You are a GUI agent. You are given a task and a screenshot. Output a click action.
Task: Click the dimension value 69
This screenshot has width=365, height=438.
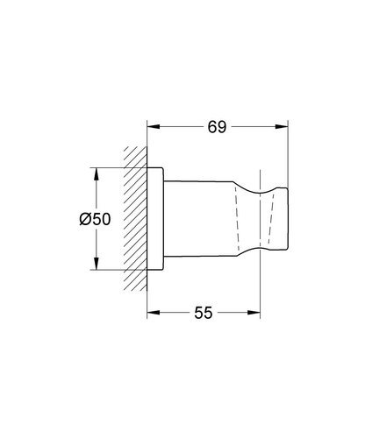pyautogui.click(x=218, y=127)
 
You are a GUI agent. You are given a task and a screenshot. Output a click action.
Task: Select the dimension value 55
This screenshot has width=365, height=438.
pyautogui.click(x=204, y=312)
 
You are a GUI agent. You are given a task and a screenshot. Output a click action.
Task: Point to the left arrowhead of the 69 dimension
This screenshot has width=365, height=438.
pyautogui.click(x=152, y=127)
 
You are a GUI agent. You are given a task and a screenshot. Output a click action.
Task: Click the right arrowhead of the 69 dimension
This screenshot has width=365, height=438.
pyautogui.click(x=284, y=127)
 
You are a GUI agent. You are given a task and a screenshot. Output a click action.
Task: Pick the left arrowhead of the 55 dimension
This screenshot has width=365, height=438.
pyautogui.click(x=152, y=312)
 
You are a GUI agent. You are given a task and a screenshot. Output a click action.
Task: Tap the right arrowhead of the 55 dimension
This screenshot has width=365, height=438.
pyautogui.click(x=257, y=312)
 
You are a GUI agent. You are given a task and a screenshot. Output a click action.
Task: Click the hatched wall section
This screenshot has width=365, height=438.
pyautogui.click(x=136, y=219)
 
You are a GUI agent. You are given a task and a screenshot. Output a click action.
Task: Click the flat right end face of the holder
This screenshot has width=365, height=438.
pyautogui.click(x=289, y=219)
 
